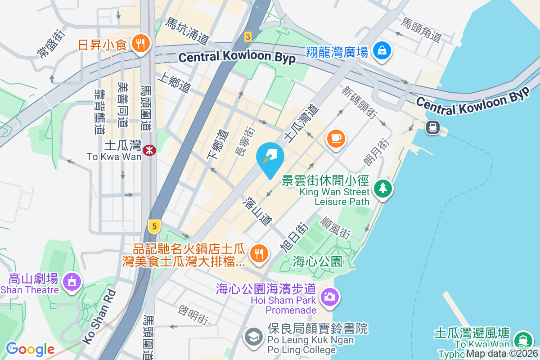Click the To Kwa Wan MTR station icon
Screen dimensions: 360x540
149,150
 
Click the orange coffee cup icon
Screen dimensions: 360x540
336,138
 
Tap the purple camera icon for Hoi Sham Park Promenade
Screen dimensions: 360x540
329,297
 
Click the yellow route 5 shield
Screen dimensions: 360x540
154,227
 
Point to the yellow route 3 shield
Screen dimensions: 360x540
247,36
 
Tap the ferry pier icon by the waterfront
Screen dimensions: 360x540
432,128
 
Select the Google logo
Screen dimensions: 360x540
30,349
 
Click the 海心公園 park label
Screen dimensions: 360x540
317,261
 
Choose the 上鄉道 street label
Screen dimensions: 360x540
173,84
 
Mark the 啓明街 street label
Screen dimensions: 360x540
193,315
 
